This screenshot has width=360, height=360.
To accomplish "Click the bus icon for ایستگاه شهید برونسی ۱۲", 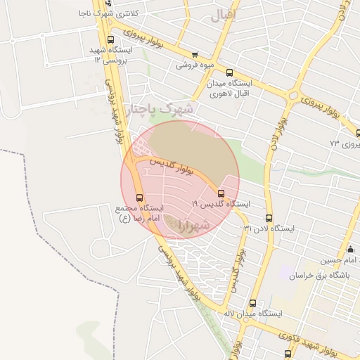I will [110, 39].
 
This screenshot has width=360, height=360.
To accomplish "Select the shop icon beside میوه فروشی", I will [195, 55].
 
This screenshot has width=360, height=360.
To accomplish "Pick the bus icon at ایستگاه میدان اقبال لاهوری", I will [230, 72].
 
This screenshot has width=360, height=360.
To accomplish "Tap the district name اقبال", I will [224, 13].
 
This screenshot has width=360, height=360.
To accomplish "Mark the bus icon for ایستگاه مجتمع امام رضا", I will [139, 198].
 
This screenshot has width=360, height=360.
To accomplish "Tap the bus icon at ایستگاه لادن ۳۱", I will [269, 218].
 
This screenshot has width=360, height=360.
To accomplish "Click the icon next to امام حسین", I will [350, 250].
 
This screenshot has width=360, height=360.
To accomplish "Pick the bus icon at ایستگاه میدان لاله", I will [253, 303].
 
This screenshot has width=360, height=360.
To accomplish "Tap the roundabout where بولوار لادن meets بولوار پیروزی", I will [293, 95].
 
